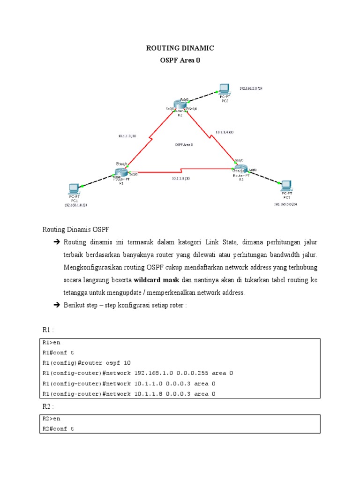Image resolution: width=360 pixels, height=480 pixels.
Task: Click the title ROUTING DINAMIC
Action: [180, 48]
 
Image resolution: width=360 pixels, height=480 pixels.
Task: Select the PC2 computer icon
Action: [224, 89]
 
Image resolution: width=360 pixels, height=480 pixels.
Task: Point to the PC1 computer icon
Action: [74, 189]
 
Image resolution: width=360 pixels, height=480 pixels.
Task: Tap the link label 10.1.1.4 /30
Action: [225, 132]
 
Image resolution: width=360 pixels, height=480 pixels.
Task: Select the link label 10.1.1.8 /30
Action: [181, 179]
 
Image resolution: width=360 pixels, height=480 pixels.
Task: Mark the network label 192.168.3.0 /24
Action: [286, 204]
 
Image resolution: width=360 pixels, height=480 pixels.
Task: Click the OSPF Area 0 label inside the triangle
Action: [184, 145]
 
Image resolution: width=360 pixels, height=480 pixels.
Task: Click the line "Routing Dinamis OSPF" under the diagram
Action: [76, 229]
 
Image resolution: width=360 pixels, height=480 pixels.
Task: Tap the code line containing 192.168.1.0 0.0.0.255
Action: [137, 373]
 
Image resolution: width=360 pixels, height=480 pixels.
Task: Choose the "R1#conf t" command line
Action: [58, 352]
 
